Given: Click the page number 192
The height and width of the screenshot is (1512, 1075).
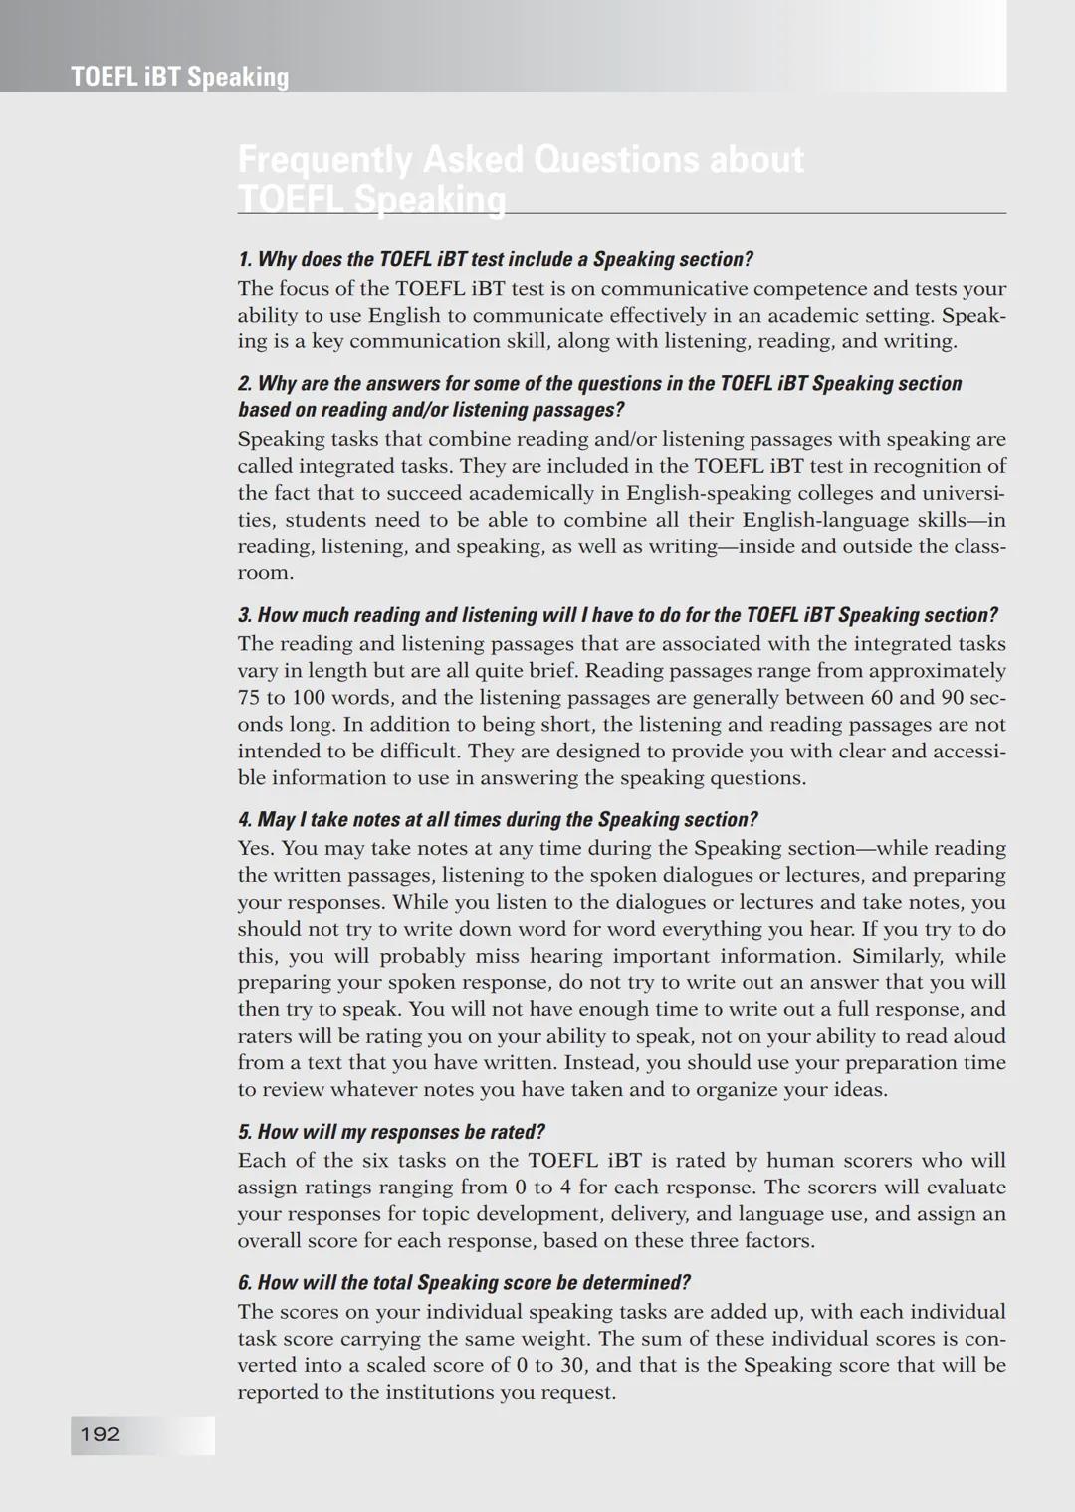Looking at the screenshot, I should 100,1434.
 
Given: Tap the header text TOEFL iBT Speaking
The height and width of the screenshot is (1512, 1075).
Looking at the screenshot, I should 180,77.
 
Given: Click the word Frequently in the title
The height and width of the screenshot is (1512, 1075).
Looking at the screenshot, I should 324,160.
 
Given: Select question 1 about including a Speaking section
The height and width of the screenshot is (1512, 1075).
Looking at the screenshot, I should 495,260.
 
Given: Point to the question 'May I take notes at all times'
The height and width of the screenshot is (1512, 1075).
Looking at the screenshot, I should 497,820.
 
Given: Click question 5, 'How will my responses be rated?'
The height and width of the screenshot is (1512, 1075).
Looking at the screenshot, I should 391,1132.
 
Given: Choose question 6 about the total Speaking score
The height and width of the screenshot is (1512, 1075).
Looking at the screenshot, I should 464,1283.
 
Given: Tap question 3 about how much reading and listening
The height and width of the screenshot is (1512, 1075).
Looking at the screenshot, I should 617,615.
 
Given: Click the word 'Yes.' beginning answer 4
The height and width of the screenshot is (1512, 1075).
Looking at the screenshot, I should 256,848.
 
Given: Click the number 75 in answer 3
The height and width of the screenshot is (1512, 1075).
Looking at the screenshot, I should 249,697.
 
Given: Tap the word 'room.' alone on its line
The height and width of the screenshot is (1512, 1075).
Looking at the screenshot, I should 265,573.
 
